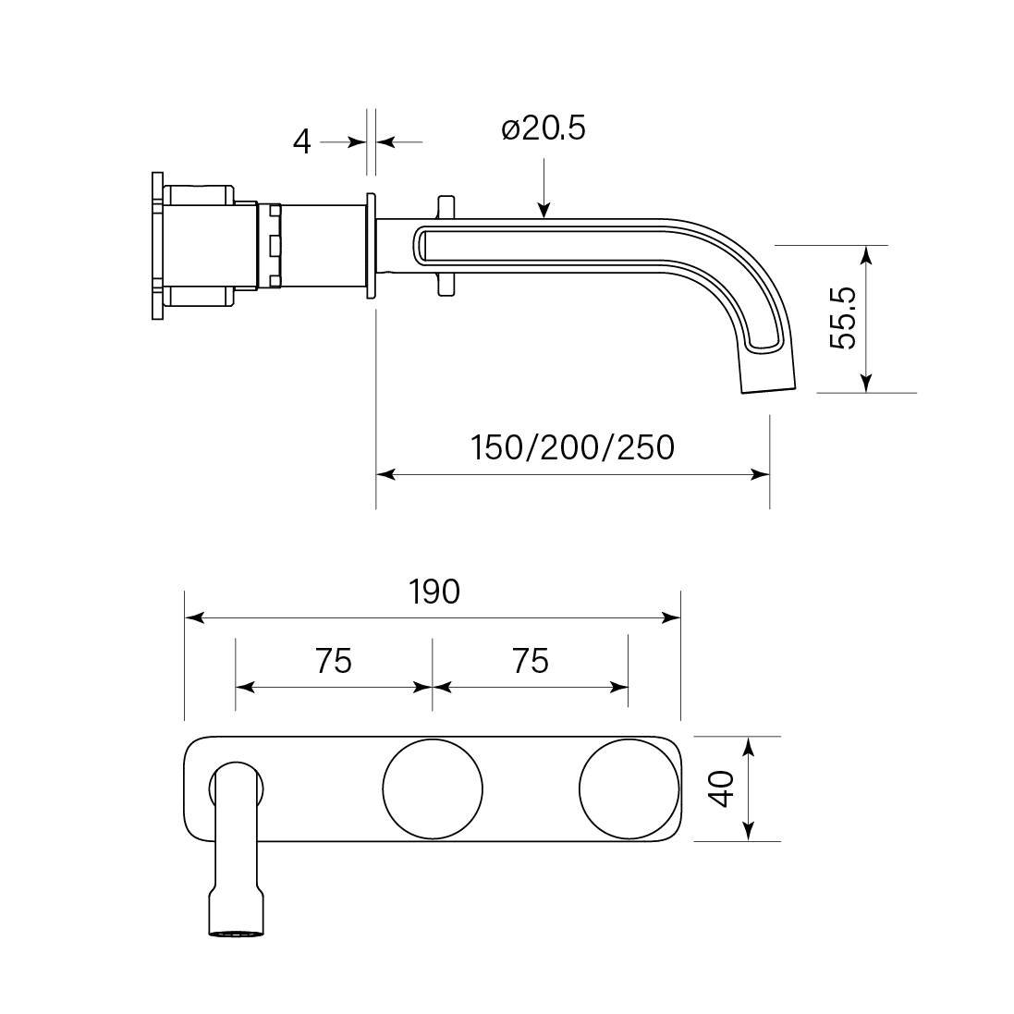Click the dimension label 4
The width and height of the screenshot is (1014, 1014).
(302, 141)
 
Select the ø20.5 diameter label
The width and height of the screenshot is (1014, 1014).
(544, 128)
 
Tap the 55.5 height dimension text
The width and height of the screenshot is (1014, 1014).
(843, 318)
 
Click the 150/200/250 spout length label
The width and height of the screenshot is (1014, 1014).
(572, 447)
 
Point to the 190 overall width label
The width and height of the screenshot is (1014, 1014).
(434, 593)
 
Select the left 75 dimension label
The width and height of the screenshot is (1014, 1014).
(334, 661)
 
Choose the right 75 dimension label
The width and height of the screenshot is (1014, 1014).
(531, 661)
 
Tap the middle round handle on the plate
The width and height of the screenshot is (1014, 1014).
(433, 788)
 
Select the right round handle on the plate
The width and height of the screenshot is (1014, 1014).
(629, 788)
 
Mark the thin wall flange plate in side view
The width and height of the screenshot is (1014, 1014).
(372, 246)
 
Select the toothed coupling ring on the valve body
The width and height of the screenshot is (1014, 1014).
(273, 246)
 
